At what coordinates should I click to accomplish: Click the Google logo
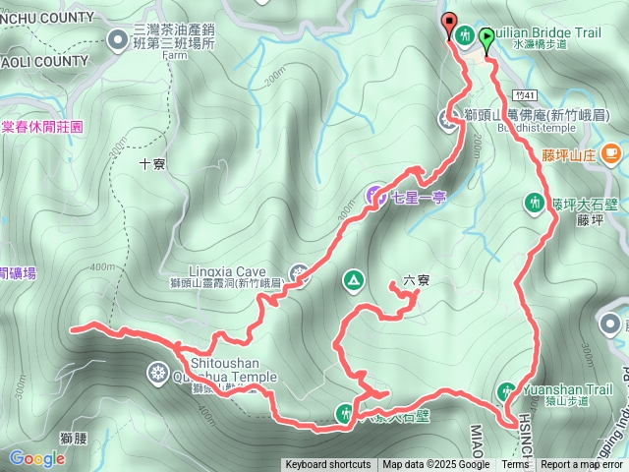point(36,458)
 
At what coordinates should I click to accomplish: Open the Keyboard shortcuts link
point(327,465)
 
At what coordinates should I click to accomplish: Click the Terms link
point(515,465)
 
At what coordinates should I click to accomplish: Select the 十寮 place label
point(152,164)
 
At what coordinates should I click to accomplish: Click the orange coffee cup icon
point(611,152)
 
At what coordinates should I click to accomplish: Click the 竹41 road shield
point(524,95)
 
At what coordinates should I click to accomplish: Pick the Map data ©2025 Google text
point(436,465)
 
